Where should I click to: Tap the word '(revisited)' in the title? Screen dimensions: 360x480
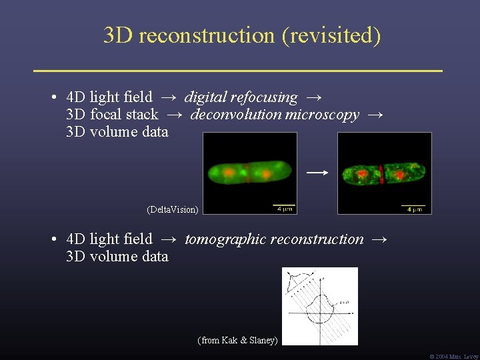click(x=331, y=35)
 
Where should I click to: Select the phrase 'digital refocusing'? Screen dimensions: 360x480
click(x=241, y=97)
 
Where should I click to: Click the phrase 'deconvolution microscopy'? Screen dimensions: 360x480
click(x=275, y=115)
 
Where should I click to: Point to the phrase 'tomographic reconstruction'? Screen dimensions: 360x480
click(x=274, y=239)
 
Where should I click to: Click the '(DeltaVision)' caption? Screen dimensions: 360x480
click(x=172, y=209)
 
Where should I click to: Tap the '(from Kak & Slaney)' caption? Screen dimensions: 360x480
click(x=237, y=341)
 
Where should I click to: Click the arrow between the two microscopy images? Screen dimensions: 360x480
click(x=317, y=173)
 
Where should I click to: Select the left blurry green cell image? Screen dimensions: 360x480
click(x=249, y=173)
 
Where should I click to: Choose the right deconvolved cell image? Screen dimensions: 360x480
click(x=385, y=173)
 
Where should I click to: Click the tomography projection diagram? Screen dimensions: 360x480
click(x=320, y=306)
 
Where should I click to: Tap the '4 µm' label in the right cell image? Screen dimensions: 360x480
click(x=414, y=210)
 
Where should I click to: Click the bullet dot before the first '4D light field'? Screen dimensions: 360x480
click(x=52, y=98)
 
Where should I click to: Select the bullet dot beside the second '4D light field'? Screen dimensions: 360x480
click(x=52, y=239)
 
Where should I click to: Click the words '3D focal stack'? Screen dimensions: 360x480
click(x=112, y=115)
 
